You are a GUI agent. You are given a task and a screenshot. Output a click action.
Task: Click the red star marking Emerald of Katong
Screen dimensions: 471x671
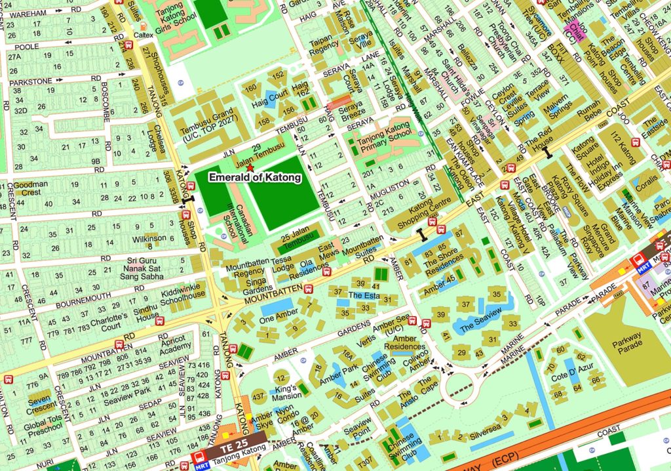249,169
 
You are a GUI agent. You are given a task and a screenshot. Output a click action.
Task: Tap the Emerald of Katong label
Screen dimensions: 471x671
255,177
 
